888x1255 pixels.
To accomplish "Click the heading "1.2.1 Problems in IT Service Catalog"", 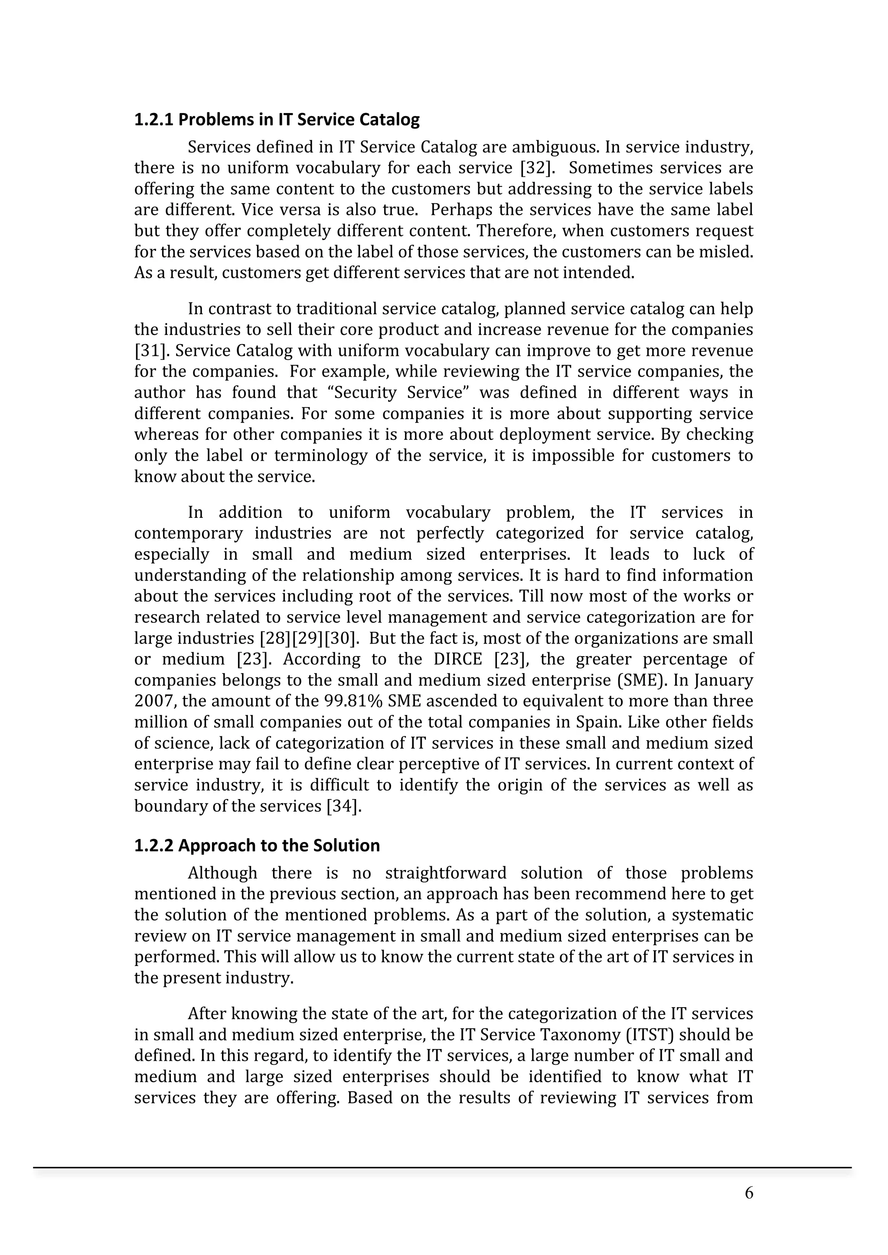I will (277, 119).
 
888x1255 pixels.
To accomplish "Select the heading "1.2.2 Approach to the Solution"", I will (257, 845).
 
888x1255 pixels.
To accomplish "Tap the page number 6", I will (748, 1193).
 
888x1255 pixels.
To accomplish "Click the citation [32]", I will (536, 168).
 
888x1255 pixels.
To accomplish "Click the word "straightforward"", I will (446, 873).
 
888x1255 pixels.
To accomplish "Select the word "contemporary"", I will (188, 533).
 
